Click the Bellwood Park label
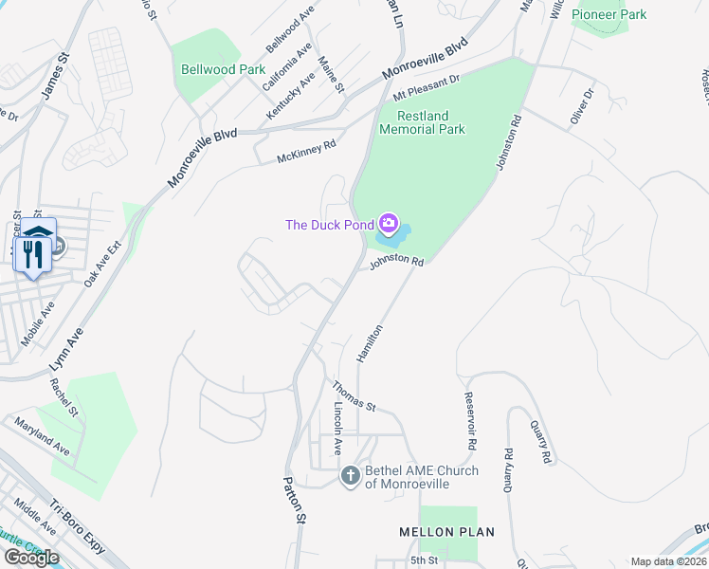click(224, 69)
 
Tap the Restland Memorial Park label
click(423, 122)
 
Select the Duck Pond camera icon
click(388, 224)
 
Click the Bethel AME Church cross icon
click(351, 475)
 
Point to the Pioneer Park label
click(609, 15)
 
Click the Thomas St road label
click(354, 395)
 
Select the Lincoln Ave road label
click(337, 428)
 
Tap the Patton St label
click(295, 499)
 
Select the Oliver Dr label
click(581, 104)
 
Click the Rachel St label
click(64, 398)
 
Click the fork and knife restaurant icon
click(31, 252)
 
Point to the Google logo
click(30, 557)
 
